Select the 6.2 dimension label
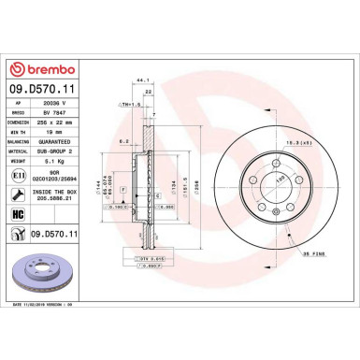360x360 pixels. point(124,141)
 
